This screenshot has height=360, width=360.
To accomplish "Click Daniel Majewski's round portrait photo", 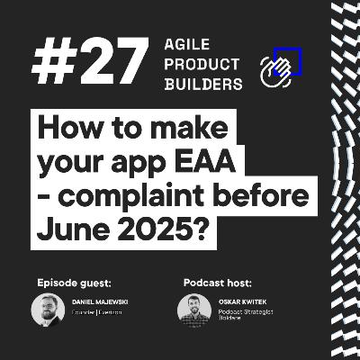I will [48, 310].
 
